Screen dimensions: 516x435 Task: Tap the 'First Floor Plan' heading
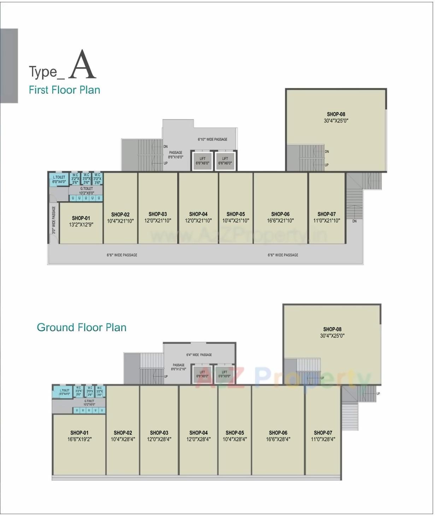point(64,90)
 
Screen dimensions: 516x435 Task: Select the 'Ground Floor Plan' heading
point(82,327)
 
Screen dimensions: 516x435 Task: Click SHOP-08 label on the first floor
point(336,114)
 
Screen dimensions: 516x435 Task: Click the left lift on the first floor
point(202,161)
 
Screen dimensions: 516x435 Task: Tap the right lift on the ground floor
point(224,374)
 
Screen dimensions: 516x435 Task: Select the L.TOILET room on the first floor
point(59,179)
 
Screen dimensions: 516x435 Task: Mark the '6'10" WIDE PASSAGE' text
point(212,139)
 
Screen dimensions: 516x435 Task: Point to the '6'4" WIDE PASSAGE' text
point(199,355)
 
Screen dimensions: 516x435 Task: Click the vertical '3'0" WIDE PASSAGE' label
point(54,220)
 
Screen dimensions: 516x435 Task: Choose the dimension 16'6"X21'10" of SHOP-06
point(280,221)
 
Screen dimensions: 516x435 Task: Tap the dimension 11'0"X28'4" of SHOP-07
point(323,439)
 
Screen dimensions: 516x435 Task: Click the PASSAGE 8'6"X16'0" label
point(176,155)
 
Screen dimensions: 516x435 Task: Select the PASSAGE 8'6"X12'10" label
point(178,367)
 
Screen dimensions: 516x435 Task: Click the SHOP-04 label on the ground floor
point(198,433)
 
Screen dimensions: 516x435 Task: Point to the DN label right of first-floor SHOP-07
point(354,221)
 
